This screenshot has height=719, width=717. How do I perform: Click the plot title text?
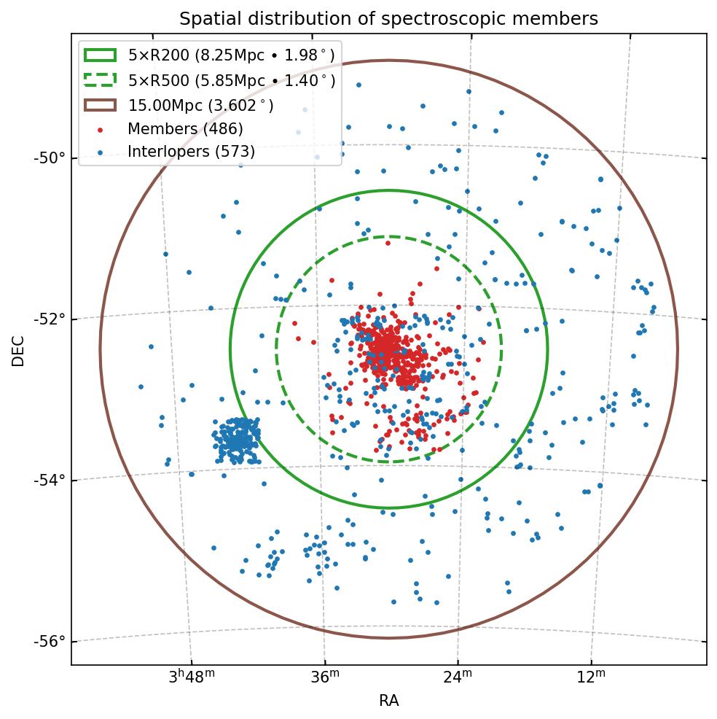[x=388, y=19]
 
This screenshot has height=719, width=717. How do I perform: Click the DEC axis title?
[x=18, y=350]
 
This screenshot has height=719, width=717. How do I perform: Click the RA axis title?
[x=388, y=701]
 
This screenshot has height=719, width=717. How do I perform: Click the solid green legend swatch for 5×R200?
[x=100, y=55]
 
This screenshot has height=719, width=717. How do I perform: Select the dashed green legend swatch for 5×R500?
[x=100, y=80]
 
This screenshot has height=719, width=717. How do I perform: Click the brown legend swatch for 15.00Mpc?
[x=100, y=105]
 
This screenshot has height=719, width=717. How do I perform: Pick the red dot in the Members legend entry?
[x=100, y=130]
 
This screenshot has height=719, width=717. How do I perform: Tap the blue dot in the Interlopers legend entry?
[x=100, y=152]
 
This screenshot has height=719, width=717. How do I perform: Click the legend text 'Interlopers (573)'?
[x=191, y=152]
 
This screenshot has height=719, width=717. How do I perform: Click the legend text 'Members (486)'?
[x=185, y=129]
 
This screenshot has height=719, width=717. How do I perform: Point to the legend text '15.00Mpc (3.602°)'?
[x=201, y=105]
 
